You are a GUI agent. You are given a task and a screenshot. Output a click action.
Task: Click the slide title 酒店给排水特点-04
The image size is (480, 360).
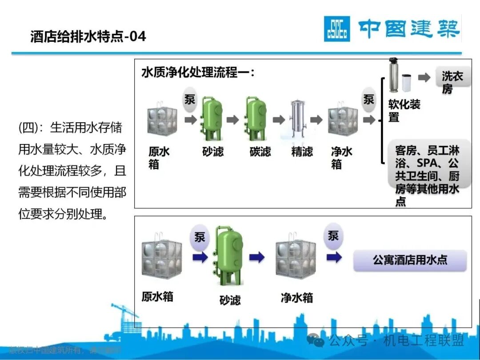tap(88, 36)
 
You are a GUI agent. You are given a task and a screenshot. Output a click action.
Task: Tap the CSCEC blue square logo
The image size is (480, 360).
tap(336, 29)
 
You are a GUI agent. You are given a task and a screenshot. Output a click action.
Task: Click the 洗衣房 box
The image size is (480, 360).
tap(452, 83)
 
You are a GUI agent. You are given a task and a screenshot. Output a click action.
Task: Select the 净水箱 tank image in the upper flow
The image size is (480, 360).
tap(343, 119)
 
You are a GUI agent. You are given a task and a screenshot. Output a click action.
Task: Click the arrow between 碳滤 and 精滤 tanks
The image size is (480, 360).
tap(278, 120)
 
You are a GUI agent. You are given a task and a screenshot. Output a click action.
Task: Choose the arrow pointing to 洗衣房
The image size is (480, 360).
tap(424, 78)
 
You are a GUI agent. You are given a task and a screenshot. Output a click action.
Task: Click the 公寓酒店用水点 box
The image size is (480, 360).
tap(410, 260)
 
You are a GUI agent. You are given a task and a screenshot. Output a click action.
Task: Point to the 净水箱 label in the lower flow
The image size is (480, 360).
tap(296, 297)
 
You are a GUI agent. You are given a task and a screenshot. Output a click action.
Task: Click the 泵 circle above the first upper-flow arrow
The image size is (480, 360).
tap(190, 100)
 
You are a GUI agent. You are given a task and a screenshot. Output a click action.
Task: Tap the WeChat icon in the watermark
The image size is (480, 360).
tap(318, 341)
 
